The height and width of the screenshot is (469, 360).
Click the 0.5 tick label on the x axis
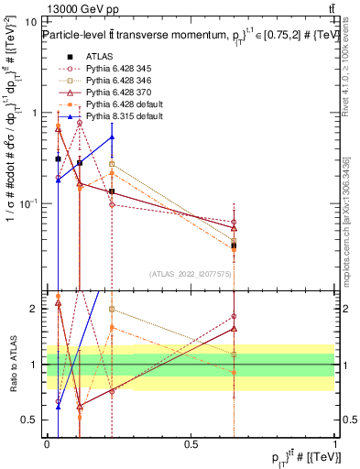[191, 442]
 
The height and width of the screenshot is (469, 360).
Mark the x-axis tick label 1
[334, 442]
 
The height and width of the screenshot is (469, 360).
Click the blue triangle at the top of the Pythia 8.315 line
[112, 137]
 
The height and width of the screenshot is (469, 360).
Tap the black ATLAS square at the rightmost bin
[234, 245]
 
